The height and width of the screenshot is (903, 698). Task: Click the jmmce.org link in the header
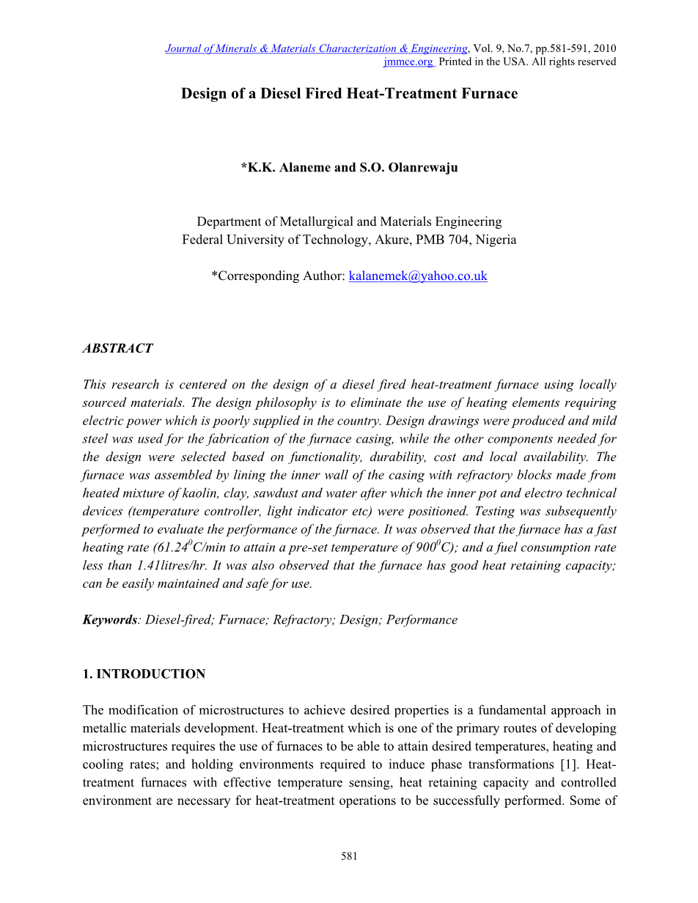(408, 62)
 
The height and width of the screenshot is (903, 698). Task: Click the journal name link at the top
(316, 48)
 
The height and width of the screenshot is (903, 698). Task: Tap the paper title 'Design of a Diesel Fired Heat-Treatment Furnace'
(349, 94)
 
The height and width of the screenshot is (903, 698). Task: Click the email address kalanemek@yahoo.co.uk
(418, 276)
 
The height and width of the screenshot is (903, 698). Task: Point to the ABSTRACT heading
(117, 349)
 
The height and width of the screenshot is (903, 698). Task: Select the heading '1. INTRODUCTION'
(144, 674)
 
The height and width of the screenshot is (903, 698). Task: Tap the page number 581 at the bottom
(349, 856)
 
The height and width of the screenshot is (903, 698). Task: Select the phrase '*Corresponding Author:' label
(278, 276)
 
